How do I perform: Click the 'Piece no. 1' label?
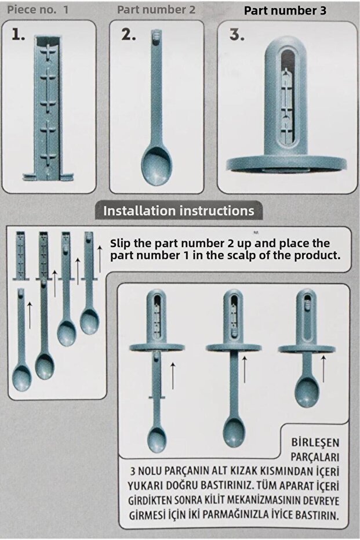[38, 10]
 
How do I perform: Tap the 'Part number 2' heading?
[156, 10]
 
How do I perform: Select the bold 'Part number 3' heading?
[285, 10]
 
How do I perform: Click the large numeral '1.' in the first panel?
[18, 34]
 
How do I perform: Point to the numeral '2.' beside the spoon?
[128, 34]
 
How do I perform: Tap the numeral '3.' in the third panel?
[237, 34]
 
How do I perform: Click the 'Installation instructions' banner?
[179, 211]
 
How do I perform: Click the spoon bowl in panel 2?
[157, 166]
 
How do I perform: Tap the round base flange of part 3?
[286, 164]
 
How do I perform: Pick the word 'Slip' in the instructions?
[121, 243]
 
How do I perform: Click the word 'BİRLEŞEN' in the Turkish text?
[315, 443]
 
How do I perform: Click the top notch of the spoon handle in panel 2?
[156, 34]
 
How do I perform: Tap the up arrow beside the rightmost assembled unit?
[323, 369]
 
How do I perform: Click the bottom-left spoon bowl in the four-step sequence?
[21, 378]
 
